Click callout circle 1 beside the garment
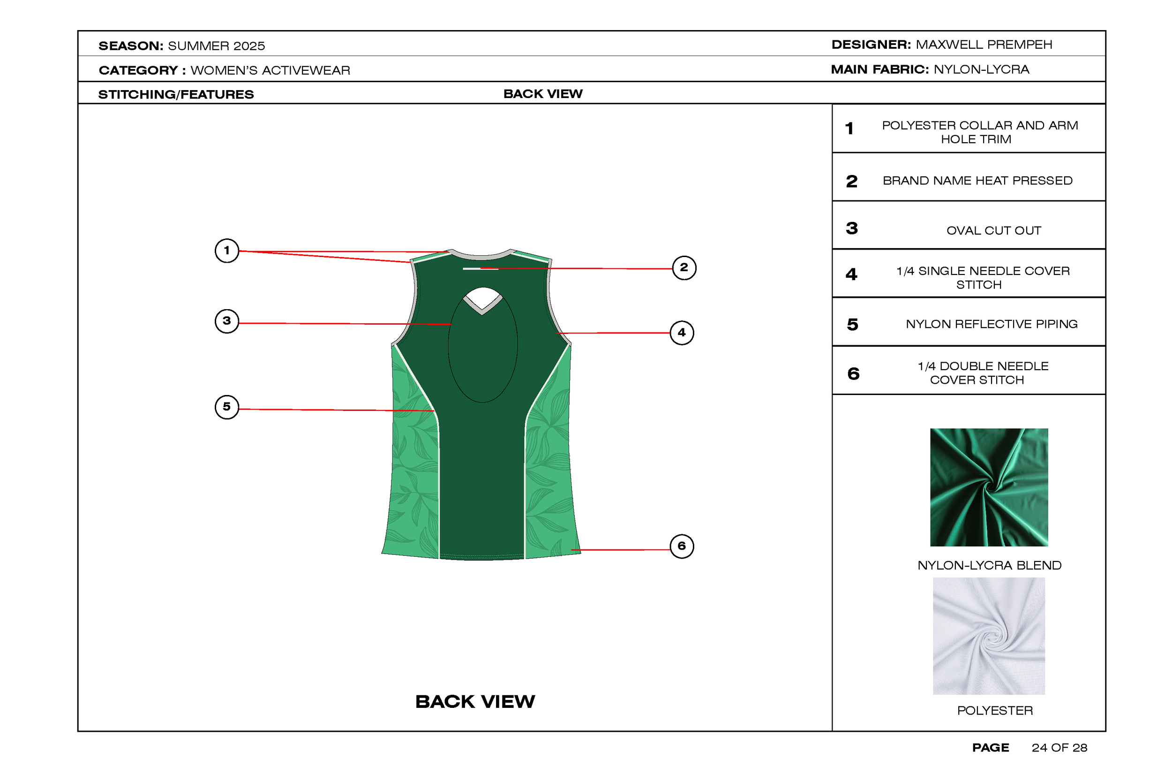point(226,250)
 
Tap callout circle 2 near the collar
point(684,268)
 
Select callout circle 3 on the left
point(226,321)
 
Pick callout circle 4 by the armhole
point(682,333)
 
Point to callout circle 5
point(226,407)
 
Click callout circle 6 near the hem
point(682,546)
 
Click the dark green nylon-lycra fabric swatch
point(989,487)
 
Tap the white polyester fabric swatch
point(989,636)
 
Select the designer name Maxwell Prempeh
point(984,45)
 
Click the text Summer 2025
point(216,46)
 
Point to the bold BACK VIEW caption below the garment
point(475,701)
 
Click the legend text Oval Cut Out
point(993,231)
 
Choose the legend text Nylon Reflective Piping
point(991,324)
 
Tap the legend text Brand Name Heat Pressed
point(977,181)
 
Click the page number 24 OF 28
point(1059,748)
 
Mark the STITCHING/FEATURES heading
point(176,94)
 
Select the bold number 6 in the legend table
point(853,373)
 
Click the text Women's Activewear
point(270,70)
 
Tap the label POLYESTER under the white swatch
point(995,710)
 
